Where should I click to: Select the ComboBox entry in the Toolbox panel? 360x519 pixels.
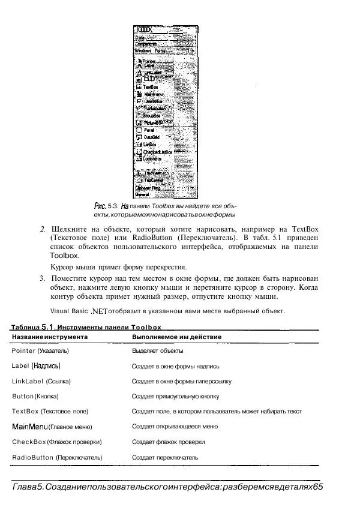pyautogui.click(x=154, y=159)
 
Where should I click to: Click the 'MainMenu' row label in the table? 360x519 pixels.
pyautogui.click(x=29, y=427)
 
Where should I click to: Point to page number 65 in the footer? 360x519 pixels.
pyautogui.click(x=317, y=487)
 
